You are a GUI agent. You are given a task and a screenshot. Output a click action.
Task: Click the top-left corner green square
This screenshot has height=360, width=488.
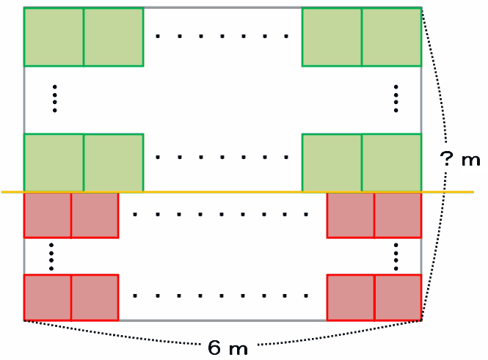click(x=54, y=37)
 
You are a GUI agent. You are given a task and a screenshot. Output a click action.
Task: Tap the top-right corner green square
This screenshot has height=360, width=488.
click(x=391, y=37)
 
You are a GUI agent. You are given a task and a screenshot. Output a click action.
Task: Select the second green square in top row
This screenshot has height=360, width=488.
click(x=113, y=37)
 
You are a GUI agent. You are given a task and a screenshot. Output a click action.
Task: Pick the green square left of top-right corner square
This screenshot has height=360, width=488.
click(x=332, y=37)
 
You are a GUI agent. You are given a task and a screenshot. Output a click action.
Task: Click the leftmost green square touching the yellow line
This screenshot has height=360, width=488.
click(x=54, y=163)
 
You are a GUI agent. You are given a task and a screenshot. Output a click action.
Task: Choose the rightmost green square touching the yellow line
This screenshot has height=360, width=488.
click(x=391, y=163)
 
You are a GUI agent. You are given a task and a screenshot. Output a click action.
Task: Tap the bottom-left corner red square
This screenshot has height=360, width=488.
click(x=48, y=298)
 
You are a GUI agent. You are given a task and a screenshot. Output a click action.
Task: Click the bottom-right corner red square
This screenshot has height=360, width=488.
click(x=398, y=298)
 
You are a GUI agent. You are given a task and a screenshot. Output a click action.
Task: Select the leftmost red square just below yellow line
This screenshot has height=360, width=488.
click(x=48, y=215)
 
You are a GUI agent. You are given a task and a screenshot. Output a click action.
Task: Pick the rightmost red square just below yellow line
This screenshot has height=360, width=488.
click(x=398, y=215)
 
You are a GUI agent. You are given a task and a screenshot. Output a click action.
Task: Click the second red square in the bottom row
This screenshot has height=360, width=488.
click(x=95, y=298)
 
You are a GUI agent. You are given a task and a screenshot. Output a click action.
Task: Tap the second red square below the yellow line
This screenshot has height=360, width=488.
click(x=95, y=215)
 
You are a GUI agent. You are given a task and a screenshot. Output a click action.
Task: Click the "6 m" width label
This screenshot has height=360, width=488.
click(x=227, y=348)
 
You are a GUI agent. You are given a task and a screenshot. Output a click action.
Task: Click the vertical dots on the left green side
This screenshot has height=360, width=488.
click(x=55, y=98)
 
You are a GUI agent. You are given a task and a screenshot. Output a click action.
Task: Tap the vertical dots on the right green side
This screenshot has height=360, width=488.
click(x=396, y=98)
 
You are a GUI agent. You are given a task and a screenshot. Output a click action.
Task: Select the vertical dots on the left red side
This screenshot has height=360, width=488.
click(x=51, y=256)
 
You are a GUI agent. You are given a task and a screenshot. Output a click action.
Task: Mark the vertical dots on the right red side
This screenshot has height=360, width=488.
click(x=396, y=256)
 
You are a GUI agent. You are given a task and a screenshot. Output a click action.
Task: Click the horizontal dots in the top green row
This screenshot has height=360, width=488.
click(x=222, y=35)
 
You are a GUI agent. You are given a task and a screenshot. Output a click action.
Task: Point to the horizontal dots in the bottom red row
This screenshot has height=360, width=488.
click(x=222, y=297)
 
